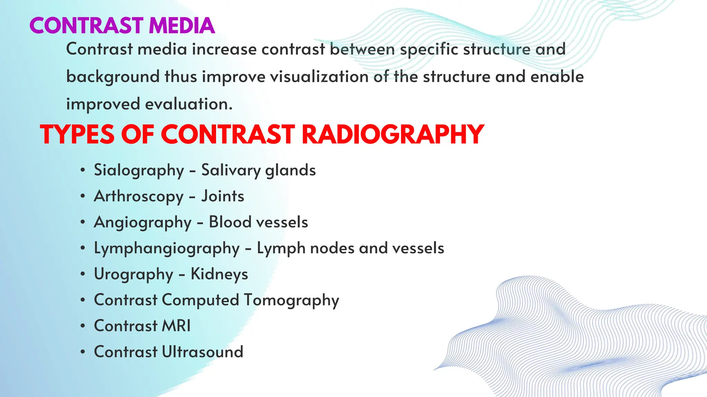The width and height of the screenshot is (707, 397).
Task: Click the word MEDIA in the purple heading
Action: tap(182, 26)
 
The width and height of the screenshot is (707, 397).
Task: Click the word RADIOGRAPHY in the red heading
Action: tap(393, 134)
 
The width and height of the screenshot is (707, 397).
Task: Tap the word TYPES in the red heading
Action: tap(77, 134)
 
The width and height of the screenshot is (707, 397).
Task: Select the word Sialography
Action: tap(139, 170)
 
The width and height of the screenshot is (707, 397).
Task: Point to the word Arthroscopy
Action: tap(139, 196)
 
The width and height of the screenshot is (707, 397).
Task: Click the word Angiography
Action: tap(143, 222)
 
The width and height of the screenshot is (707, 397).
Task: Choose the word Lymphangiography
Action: tap(167, 248)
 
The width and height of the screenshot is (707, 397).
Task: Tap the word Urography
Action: tap(134, 274)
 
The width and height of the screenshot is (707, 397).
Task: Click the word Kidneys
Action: tap(219, 274)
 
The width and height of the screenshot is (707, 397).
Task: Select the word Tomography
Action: tap(291, 300)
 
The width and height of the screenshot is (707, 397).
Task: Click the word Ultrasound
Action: tap(203, 352)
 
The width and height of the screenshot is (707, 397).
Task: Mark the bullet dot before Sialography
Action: tap(83, 170)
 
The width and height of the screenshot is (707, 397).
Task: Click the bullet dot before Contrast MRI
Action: tap(83, 326)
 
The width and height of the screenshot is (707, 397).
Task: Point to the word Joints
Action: tap(223, 196)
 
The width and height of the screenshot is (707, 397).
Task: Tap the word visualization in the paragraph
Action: tap(319, 77)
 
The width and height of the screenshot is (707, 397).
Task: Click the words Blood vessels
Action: tap(258, 222)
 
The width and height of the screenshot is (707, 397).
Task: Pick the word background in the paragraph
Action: tap(113, 77)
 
